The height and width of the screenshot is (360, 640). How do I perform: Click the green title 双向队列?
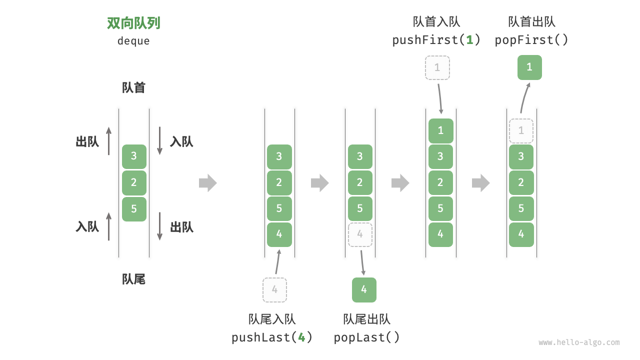click(133, 23)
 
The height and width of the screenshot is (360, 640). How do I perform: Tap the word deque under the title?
click(133, 41)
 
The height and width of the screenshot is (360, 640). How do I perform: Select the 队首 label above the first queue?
click(133, 87)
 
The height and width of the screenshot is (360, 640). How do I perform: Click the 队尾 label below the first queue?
click(133, 279)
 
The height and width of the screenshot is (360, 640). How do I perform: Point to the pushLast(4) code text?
click(272, 337)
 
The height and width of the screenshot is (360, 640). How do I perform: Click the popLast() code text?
click(367, 337)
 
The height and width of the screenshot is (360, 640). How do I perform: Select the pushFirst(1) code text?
click(436, 40)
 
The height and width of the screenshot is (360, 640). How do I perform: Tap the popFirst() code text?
click(531, 40)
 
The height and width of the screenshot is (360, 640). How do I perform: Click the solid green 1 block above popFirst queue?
click(529, 67)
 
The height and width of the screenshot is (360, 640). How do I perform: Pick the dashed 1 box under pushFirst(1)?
click(437, 67)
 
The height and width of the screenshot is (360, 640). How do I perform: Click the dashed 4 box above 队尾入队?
click(274, 289)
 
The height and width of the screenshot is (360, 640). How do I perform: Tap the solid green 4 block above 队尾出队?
click(364, 289)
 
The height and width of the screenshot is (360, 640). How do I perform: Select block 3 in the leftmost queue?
click(134, 156)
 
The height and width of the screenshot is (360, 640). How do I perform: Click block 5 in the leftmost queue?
click(134, 209)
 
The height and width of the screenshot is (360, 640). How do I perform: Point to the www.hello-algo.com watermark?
click(579, 342)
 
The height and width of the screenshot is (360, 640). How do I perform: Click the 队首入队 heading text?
click(436, 21)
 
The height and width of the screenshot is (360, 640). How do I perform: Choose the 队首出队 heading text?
click(531, 21)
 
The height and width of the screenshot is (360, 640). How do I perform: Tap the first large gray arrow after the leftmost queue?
click(208, 183)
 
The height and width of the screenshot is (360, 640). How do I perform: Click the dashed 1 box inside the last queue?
click(521, 131)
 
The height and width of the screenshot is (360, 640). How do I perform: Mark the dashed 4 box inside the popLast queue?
click(360, 234)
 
